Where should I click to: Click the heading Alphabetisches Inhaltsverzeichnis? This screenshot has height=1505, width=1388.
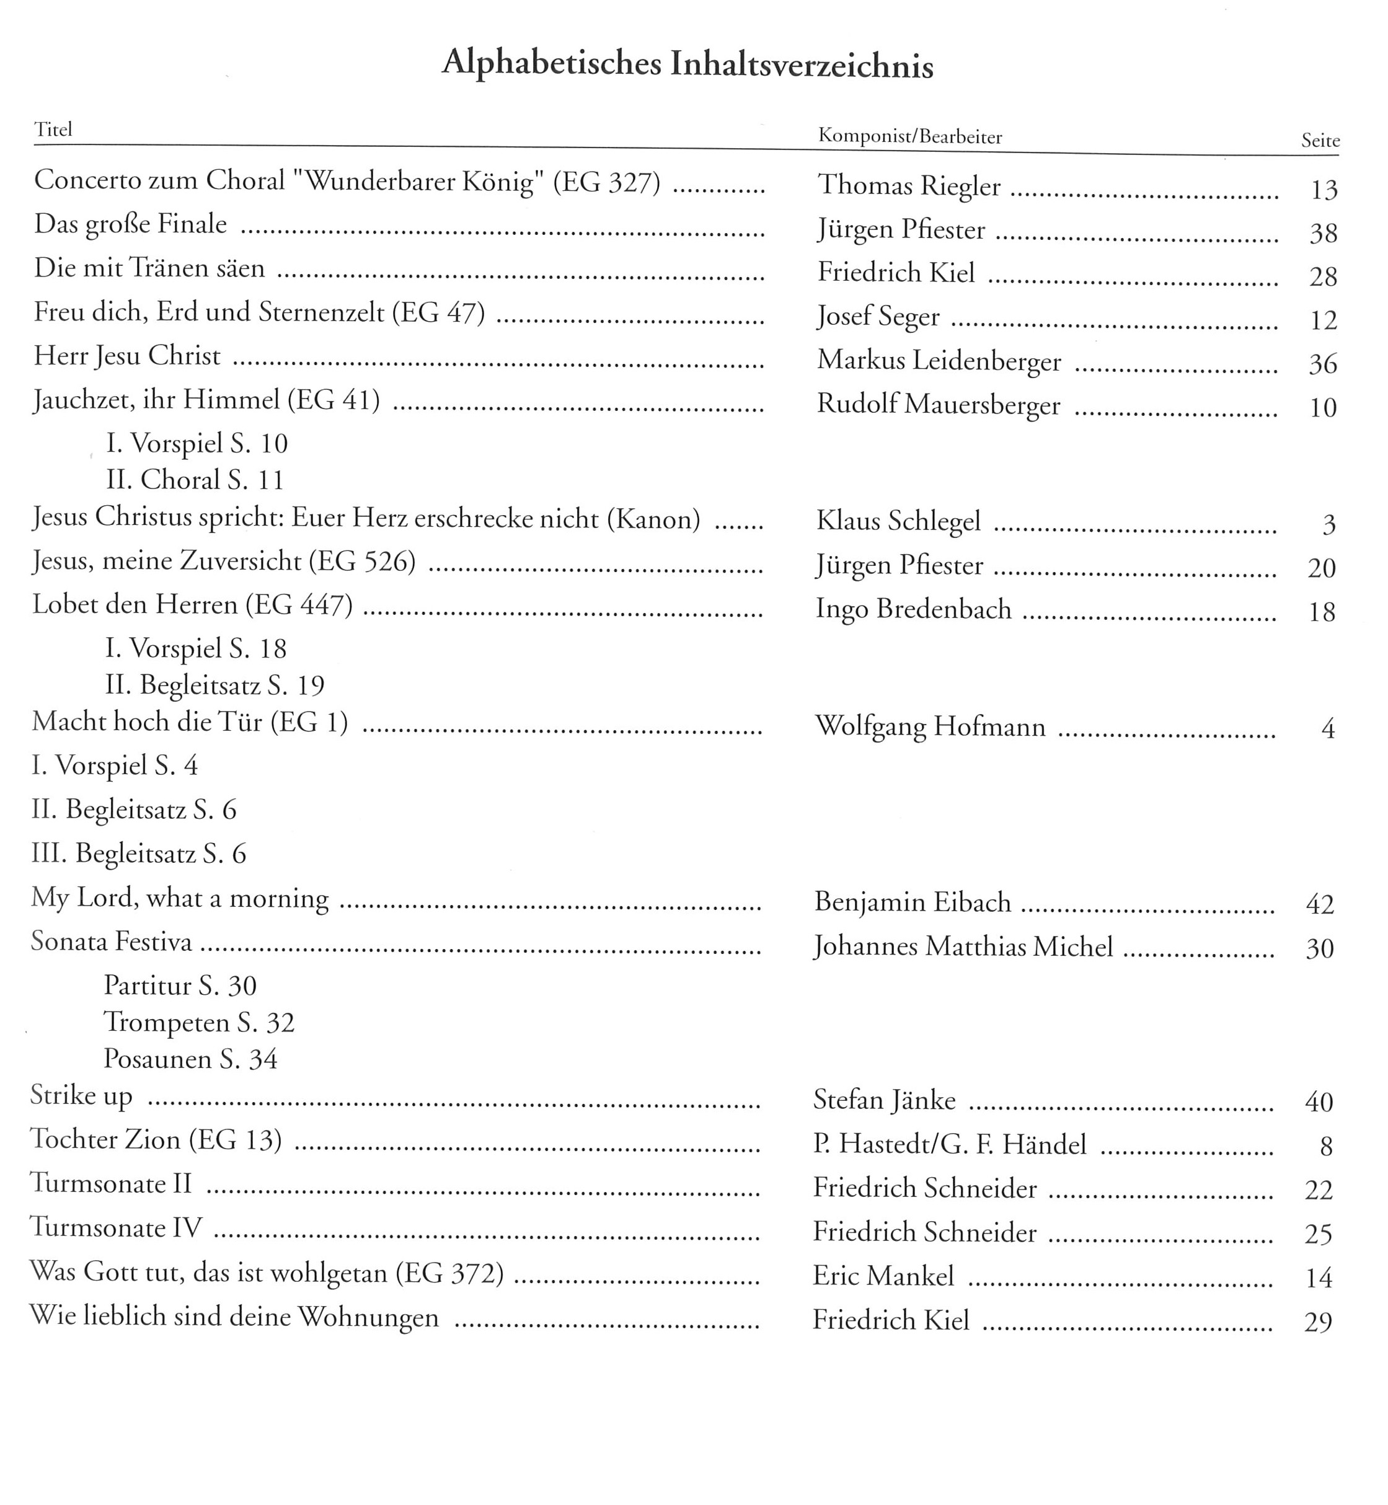pyautogui.click(x=687, y=64)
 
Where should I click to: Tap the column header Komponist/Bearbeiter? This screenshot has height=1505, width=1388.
pyautogui.click(x=909, y=137)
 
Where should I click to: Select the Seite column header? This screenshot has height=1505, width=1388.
pyautogui.click(x=1320, y=141)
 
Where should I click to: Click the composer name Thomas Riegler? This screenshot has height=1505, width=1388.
pyautogui.click(x=909, y=185)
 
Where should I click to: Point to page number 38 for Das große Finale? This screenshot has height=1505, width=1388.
pyautogui.click(x=1323, y=234)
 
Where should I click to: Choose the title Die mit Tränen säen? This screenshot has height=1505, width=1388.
pyautogui.click(x=149, y=268)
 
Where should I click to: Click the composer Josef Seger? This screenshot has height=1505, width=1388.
pyautogui.click(x=878, y=317)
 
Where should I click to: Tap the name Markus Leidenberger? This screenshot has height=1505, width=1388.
pyautogui.click(x=939, y=361)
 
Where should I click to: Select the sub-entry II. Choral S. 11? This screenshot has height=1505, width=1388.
pyautogui.click(x=195, y=480)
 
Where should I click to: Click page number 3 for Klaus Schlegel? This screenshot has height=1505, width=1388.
pyautogui.click(x=1328, y=525)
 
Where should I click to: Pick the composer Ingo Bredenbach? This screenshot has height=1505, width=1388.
pyautogui.click(x=913, y=609)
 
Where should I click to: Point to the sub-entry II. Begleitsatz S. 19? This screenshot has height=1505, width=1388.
pyautogui.click(x=215, y=685)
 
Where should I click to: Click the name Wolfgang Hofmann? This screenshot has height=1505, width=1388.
pyautogui.click(x=930, y=727)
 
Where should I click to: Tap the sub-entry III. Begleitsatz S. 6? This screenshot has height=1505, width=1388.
pyautogui.click(x=139, y=854)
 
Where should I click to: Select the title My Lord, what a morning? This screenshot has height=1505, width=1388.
pyautogui.click(x=180, y=898)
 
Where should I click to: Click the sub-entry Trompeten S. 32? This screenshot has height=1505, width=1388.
pyautogui.click(x=199, y=1023)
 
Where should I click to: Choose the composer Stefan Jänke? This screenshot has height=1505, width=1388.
pyautogui.click(x=884, y=1101)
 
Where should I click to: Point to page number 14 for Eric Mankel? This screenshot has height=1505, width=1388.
pyautogui.click(x=1318, y=1278)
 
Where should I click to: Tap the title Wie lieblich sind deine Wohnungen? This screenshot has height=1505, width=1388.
pyautogui.click(x=234, y=1318)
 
